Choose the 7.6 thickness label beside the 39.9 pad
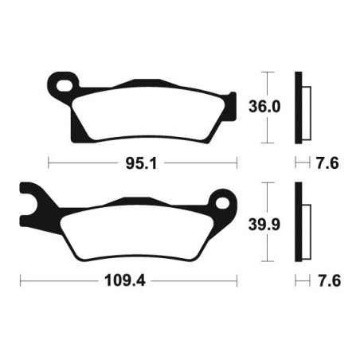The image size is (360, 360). click(x=326, y=282)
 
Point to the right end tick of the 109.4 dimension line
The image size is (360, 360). click(x=237, y=282)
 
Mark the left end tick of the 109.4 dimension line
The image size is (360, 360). click(x=22, y=282)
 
